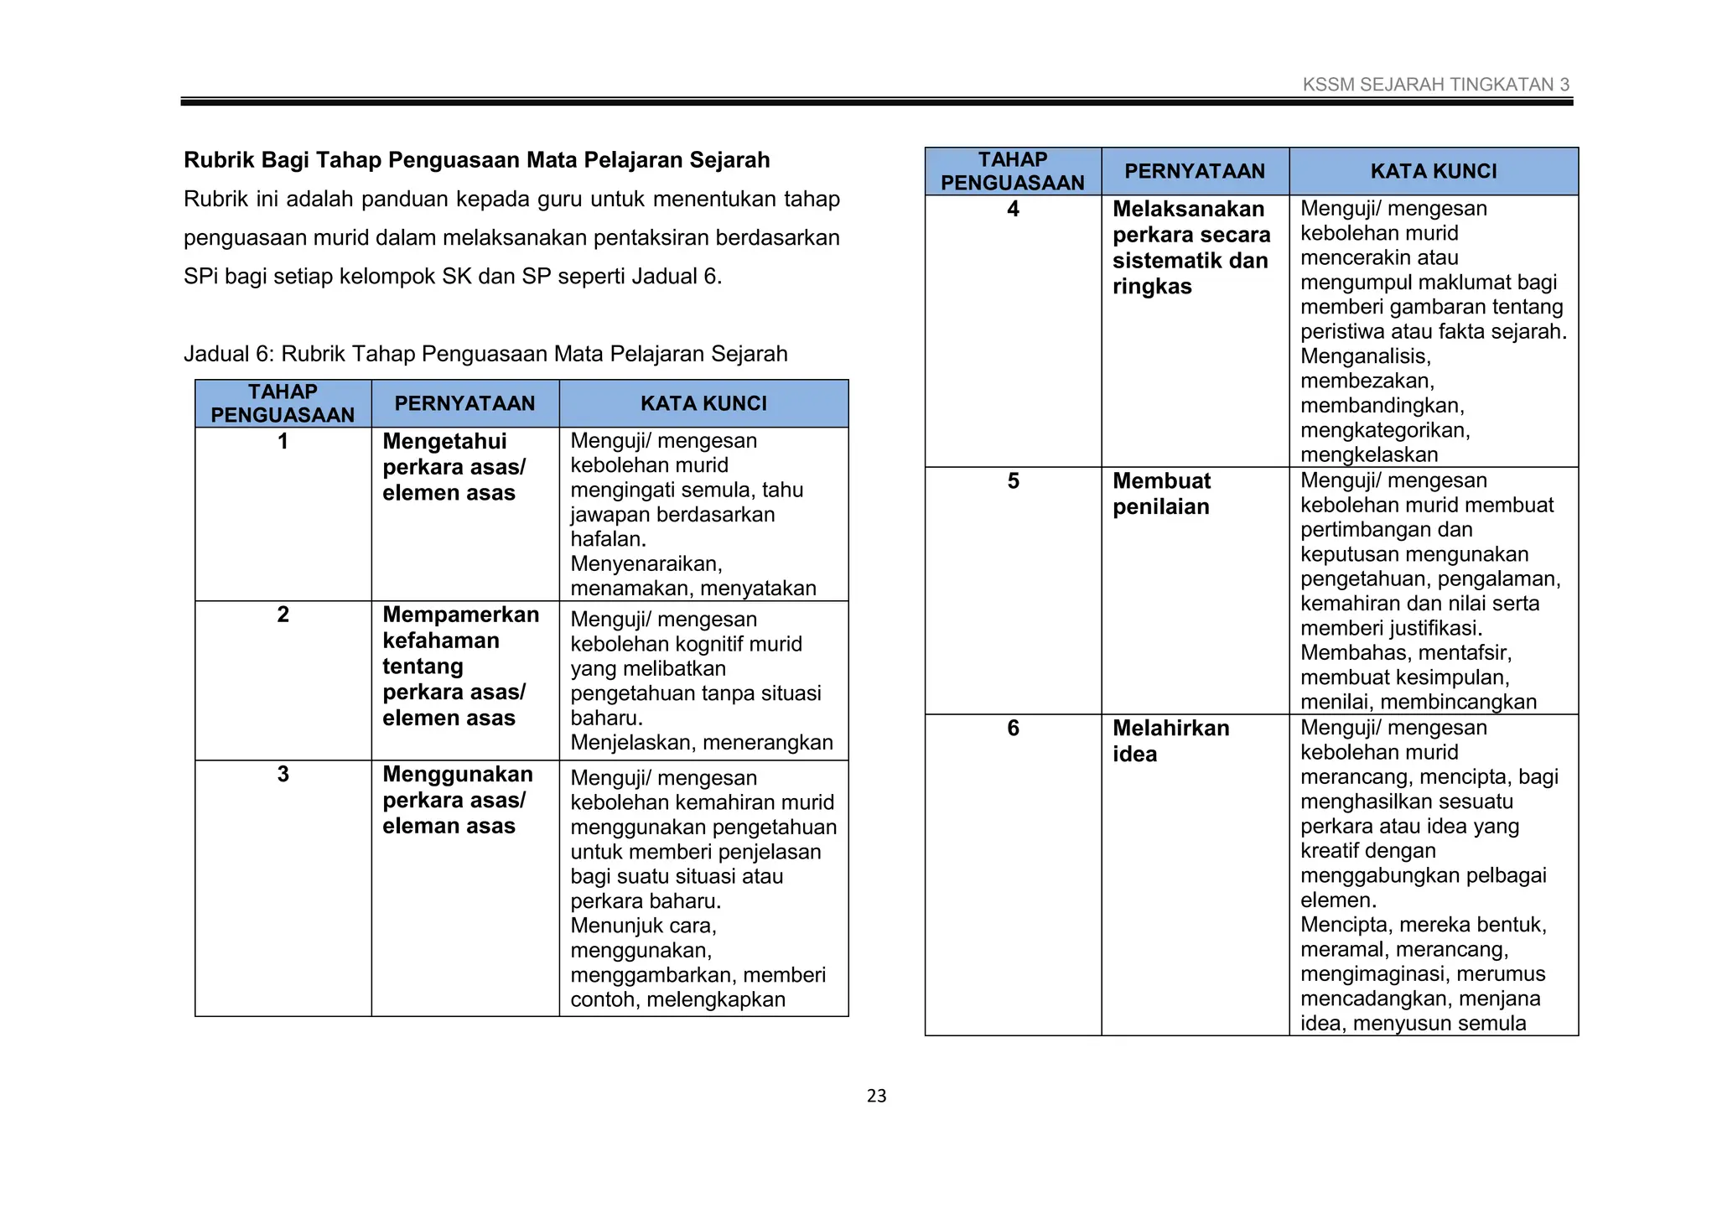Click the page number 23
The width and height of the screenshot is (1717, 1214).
tap(876, 1096)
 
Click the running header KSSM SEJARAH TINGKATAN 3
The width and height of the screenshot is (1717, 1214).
tap(1435, 85)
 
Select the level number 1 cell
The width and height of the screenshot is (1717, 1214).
tap(283, 442)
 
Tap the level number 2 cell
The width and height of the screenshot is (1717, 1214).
tap(283, 615)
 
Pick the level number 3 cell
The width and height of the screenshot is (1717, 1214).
tap(283, 774)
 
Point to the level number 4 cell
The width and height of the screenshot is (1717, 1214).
tap(1013, 210)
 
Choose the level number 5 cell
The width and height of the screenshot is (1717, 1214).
tap(1013, 481)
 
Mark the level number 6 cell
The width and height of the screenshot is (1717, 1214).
tap(1013, 728)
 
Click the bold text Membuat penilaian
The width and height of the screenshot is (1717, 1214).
tap(1161, 494)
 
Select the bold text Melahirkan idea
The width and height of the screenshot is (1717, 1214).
tap(1170, 740)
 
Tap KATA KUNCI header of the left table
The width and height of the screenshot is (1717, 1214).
tap(703, 403)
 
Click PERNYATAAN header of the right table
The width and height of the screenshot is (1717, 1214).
tap(1194, 171)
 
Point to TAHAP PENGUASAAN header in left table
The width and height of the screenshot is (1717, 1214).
tap(283, 403)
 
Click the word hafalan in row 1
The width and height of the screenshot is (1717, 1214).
tap(607, 539)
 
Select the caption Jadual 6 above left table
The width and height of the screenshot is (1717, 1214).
tap(485, 354)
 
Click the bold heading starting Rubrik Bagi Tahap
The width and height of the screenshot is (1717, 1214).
tap(476, 160)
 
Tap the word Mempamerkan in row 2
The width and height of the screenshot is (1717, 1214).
tap(460, 615)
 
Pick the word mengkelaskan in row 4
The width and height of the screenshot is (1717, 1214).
tap(1368, 454)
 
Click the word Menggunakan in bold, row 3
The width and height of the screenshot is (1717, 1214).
tap(457, 774)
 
